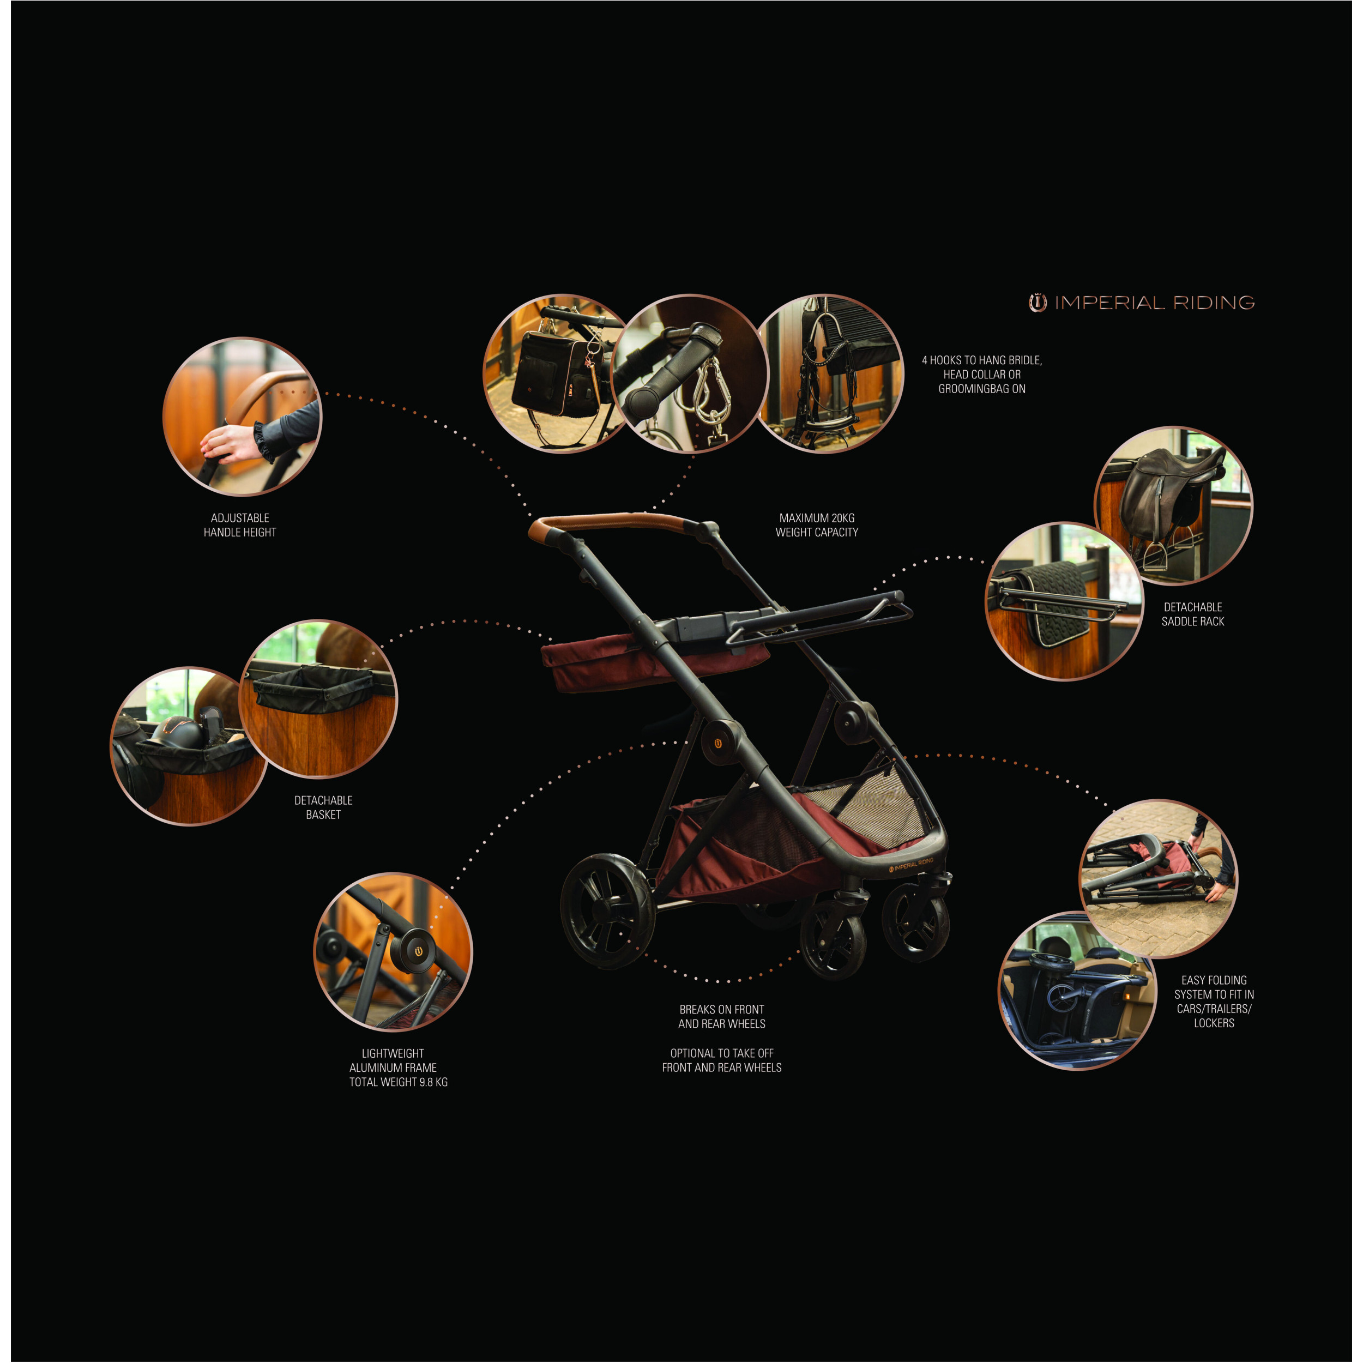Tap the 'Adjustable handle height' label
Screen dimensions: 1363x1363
(x=240, y=525)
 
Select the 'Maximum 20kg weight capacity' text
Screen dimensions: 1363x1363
(x=817, y=525)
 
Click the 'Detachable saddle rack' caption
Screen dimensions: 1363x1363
(x=1192, y=614)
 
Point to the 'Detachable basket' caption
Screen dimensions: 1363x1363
(x=323, y=807)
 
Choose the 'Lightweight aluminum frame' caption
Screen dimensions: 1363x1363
(x=398, y=1068)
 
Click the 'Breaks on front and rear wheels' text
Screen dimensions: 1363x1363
(x=722, y=1017)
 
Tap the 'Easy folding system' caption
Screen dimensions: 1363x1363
(x=1214, y=1001)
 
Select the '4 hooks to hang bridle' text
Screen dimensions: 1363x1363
(x=981, y=374)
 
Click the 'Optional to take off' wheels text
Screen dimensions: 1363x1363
(x=722, y=1060)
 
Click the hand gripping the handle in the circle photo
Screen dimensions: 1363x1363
(x=230, y=442)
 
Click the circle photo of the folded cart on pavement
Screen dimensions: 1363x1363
(x=1159, y=878)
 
